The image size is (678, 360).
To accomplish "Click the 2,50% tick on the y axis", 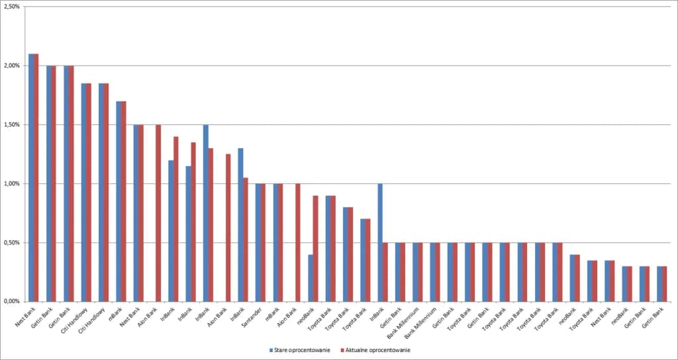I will point(11,7).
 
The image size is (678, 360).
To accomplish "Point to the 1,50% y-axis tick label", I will point(11,124).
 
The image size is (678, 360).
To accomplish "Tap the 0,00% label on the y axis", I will point(11,301).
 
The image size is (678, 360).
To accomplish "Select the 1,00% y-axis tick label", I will point(11,183).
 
